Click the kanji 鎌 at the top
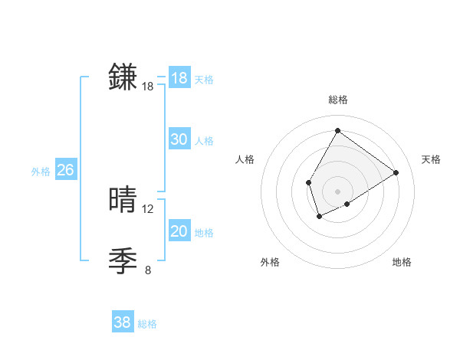123,77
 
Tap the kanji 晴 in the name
123,200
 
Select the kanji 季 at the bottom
123,261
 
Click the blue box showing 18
179,78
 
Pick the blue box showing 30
179,139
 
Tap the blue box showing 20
179,231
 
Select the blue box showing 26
65,170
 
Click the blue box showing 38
123,322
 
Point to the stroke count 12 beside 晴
148,208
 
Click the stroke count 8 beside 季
148,270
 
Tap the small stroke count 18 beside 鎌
148,87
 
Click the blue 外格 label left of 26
41,172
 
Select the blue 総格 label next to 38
147,324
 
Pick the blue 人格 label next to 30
204,141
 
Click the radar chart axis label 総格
337,100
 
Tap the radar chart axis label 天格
431,159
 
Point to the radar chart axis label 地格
402,262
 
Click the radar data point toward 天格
396,172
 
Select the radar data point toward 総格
337,130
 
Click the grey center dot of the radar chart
337,191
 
